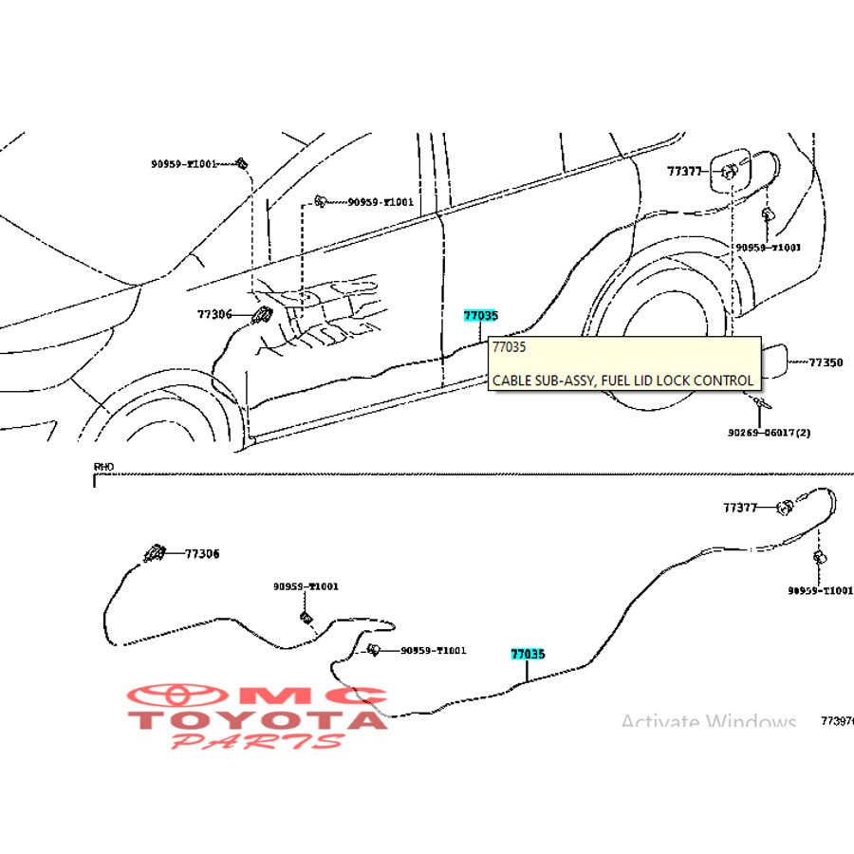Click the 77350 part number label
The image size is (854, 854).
tap(826, 362)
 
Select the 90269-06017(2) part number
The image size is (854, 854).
tap(770, 433)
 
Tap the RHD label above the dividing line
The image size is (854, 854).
tap(102, 467)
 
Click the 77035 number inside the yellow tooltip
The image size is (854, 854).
tap(509, 347)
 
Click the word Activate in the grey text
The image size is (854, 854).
tap(660, 723)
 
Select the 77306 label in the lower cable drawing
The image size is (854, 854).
tap(201, 553)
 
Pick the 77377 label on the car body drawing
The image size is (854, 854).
tap(684, 172)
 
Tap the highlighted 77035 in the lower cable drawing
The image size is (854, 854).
tap(528, 654)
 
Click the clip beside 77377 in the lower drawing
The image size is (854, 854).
tap(785, 508)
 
